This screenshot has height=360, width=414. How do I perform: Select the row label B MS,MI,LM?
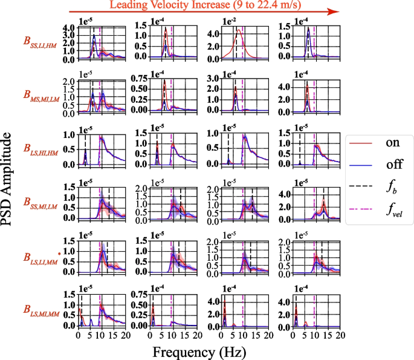(41, 94)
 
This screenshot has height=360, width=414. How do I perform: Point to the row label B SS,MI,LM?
(41, 201)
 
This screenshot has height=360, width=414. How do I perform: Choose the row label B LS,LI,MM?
(41, 257)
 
